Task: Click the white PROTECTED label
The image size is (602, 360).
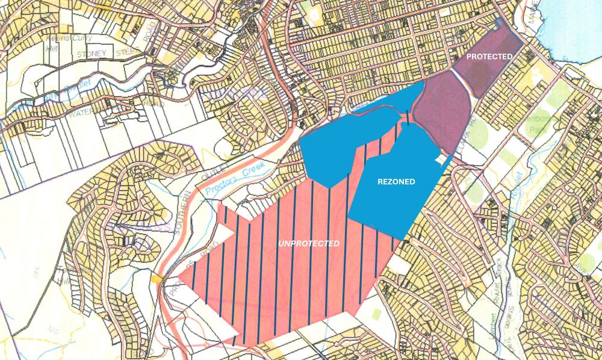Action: (490, 56)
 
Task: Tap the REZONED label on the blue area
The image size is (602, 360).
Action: (396, 181)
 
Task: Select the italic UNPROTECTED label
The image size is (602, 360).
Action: (308, 243)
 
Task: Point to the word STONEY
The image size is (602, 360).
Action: (91, 53)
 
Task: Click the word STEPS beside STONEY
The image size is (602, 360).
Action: (128, 53)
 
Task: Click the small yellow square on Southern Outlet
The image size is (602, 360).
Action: (158, 278)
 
